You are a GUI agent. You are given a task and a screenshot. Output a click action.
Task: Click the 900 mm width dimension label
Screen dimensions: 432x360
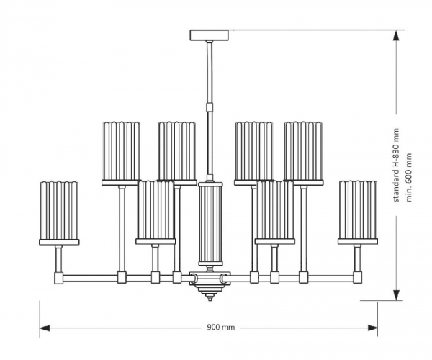[221, 327]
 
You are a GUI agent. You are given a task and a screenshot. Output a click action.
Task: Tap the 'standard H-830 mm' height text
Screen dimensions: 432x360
[396, 165]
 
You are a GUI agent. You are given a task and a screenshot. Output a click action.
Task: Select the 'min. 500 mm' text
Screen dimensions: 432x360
[409, 177]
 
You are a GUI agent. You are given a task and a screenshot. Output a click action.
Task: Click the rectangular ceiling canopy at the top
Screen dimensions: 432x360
[210, 35]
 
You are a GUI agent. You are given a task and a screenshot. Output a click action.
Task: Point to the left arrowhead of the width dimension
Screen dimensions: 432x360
[45, 328]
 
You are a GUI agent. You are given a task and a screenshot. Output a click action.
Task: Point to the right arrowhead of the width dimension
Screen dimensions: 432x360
[373, 328]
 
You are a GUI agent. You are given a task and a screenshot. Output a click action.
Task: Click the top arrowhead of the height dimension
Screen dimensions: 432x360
[396, 36]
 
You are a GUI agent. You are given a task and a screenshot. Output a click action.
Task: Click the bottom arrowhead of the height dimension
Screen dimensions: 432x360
[396, 294]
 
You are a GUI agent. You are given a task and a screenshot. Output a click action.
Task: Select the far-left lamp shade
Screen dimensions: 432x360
[59, 211]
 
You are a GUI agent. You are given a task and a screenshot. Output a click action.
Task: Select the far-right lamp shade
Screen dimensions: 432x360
[358, 210]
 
